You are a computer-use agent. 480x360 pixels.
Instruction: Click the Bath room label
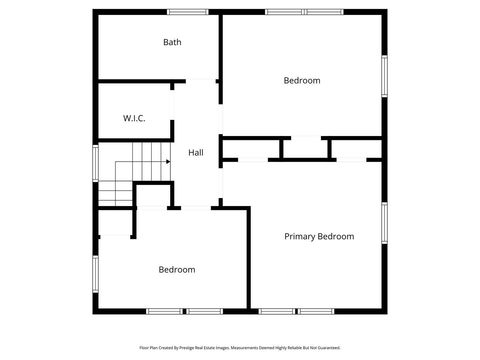[172, 42]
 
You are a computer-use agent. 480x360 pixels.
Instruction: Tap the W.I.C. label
[134, 118]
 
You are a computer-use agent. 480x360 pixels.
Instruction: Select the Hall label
[196, 153]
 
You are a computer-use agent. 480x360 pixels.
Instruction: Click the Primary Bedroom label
[319, 237]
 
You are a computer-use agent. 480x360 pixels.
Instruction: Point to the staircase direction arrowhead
[168, 162]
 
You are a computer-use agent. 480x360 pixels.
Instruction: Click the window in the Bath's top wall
[188, 12]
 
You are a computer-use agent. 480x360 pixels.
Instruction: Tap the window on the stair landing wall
[95, 163]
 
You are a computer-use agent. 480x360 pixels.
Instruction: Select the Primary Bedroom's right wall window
[384, 223]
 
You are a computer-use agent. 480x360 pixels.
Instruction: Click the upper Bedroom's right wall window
[384, 76]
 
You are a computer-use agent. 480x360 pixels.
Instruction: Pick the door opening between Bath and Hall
[201, 81]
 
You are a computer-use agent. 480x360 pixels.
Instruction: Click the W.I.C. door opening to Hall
[172, 105]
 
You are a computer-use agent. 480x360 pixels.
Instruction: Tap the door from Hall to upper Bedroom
[221, 119]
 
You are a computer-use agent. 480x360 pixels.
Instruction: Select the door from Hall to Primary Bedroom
[221, 183]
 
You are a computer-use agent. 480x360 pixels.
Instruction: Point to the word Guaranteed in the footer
[329, 348]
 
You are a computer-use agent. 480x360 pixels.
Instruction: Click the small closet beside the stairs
[153, 195]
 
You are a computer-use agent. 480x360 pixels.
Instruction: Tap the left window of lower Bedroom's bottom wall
[164, 311]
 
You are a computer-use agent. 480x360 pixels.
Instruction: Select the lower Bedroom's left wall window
[95, 274]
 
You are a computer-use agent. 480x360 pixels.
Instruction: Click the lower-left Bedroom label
[177, 270]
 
